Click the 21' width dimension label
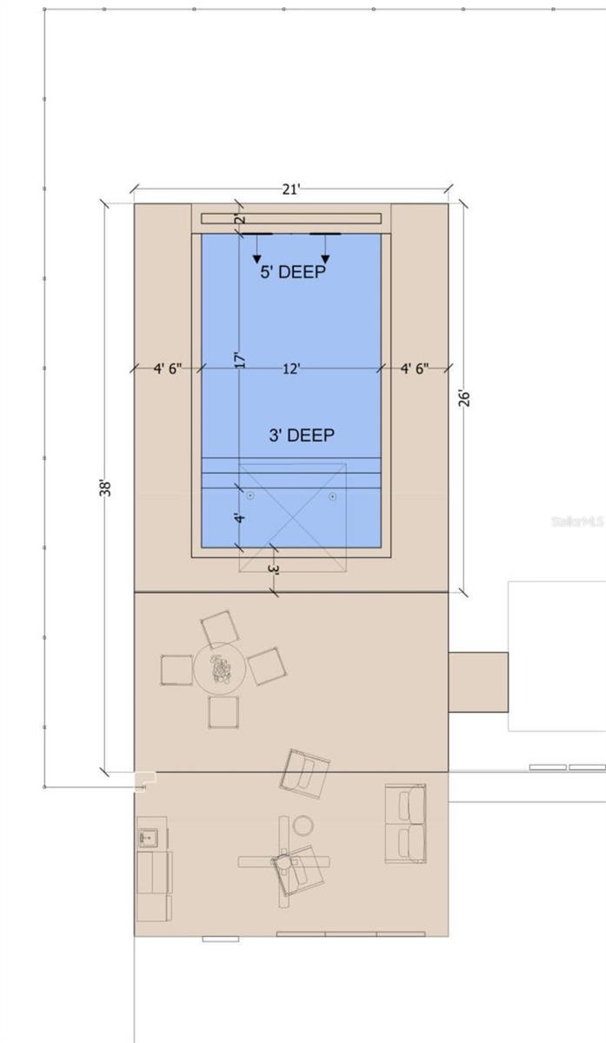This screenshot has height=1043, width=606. coord(291,189)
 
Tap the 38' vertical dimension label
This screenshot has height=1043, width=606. coord(105,488)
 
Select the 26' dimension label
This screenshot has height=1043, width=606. coord(464,399)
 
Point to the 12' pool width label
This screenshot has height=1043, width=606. coord(291,369)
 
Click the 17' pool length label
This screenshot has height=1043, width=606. coord(240,360)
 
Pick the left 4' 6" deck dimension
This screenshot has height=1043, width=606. coord(168,369)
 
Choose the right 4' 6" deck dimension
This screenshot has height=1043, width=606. coord(415,369)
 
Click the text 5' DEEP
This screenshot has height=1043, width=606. coord(293,272)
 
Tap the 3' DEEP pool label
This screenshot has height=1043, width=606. coord(302,435)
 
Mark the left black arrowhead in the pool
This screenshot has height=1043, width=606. coord(256,259)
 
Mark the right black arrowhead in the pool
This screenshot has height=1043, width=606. coord(325,259)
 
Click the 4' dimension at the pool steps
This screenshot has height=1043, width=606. coord(240,518)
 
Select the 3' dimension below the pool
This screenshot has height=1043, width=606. coord(275,569)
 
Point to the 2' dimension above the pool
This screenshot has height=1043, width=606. coord(241,219)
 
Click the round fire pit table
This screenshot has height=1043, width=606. coord(219,669)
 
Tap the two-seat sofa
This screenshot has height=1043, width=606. coord(406,823)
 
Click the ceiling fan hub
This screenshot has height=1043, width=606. coord(283,862)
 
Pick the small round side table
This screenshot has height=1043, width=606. coord(303,826)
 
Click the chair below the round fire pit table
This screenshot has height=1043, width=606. coord(223,712)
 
